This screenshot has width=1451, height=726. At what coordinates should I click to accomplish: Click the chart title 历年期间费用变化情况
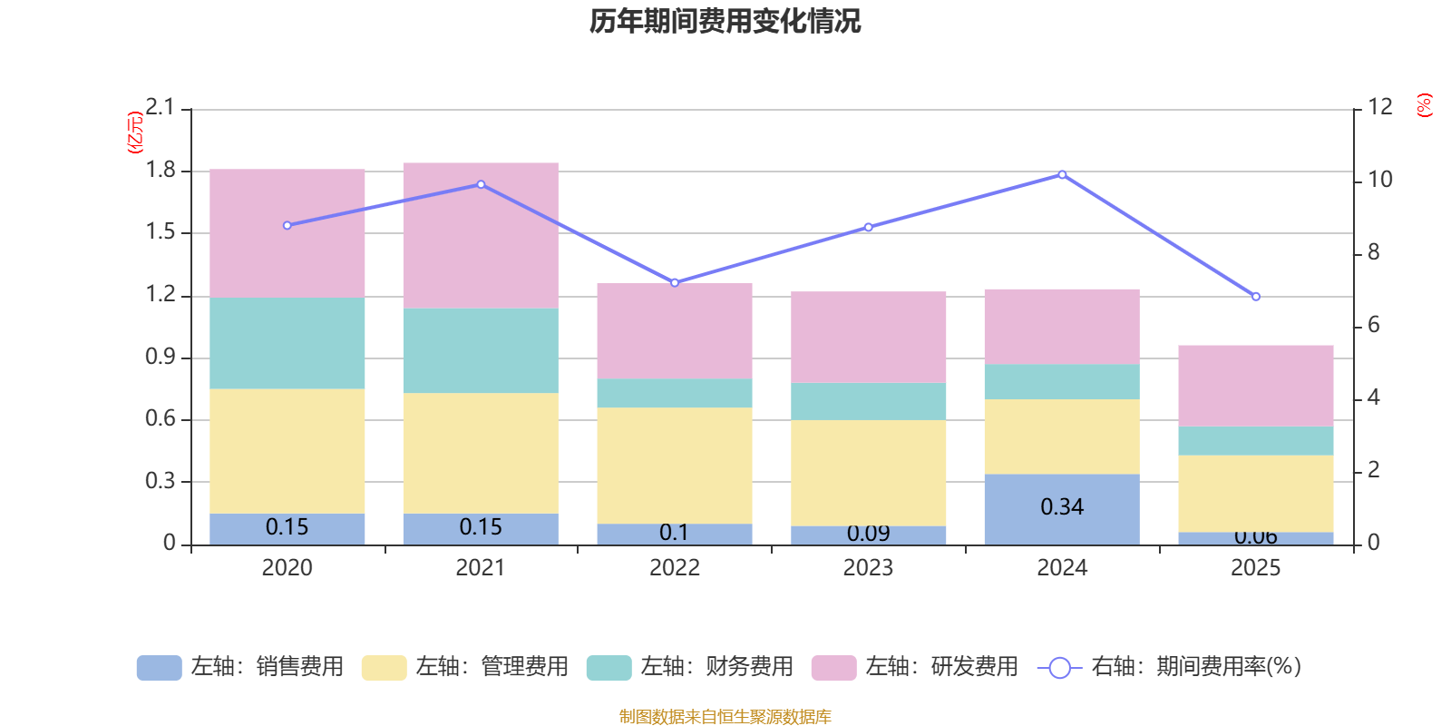(x=725, y=21)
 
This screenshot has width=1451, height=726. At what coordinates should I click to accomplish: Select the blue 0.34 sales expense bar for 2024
(x=1062, y=508)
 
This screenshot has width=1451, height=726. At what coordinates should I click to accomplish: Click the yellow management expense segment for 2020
(x=287, y=451)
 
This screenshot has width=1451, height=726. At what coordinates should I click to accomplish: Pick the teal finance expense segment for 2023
(x=869, y=401)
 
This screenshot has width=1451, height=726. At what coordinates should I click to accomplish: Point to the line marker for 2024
(x=1062, y=174)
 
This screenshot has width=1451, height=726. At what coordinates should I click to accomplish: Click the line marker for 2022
(x=675, y=282)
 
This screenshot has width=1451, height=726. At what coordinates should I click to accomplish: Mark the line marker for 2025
(x=1256, y=297)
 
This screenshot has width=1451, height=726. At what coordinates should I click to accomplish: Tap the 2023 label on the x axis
(x=868, y=568)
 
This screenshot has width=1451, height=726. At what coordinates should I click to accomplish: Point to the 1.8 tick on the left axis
(x=161, y=171)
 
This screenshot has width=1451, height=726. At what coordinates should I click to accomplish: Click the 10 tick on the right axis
(x=1379, y=180)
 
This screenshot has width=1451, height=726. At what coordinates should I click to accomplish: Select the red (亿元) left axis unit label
(x=135, y=132)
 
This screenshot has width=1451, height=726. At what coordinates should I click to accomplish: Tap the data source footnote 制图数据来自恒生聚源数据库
(x=725, y=717)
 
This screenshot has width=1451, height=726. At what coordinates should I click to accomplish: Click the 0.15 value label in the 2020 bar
(x=287, y=527)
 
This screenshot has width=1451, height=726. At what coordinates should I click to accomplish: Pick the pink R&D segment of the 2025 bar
(x=1256, y=386)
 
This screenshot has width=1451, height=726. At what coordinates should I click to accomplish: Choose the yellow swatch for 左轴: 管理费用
(x=384, y=668)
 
